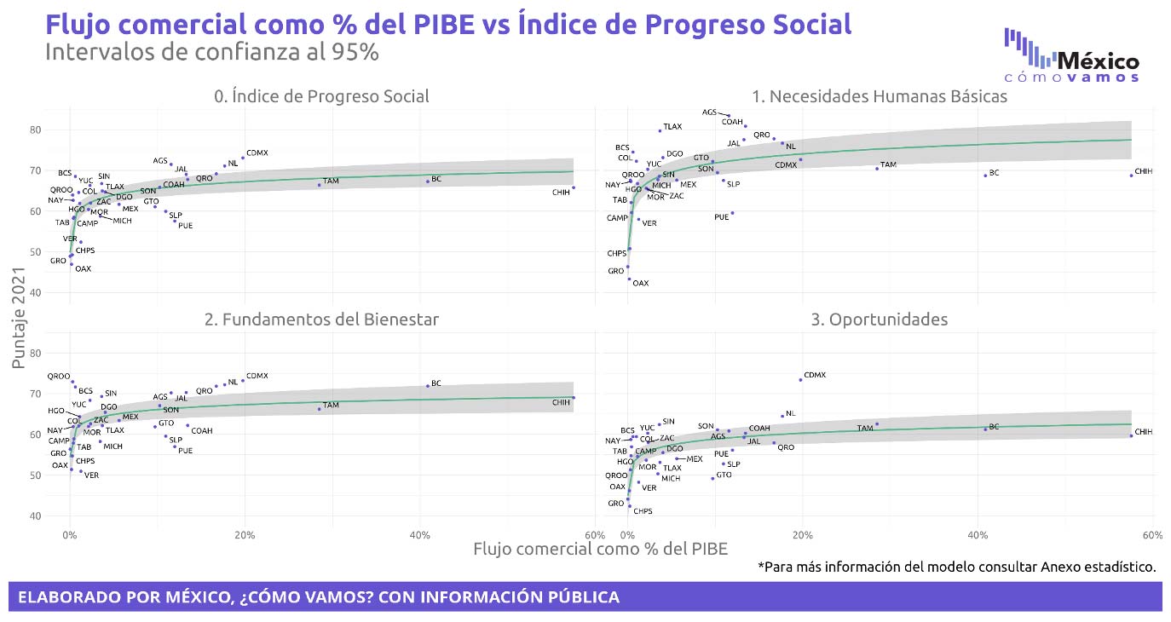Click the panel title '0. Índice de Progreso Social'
point(321,96)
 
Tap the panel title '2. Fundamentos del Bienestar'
point(321,320)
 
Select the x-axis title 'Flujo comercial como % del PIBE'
point(600,550)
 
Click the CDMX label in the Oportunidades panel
point(815,375)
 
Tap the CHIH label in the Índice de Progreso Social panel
point(561,193)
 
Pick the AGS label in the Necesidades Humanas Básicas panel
point(709,112)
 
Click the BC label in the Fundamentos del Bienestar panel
point(436,383)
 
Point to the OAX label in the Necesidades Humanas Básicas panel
point(640,284)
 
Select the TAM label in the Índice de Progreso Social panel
point(331,181)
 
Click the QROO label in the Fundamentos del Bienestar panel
point(58,376)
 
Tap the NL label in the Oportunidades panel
point(790,414)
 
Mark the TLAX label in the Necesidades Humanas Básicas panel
point(672,127)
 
